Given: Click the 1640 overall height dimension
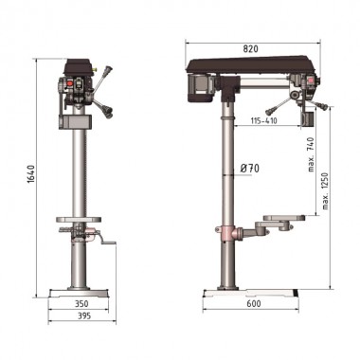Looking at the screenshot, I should pyautogui.click(x=30, y=174).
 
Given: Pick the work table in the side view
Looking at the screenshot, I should pyautogui.click(x=281, y=219).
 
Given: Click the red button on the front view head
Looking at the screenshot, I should pyautogui.click(x=67, y=83).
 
